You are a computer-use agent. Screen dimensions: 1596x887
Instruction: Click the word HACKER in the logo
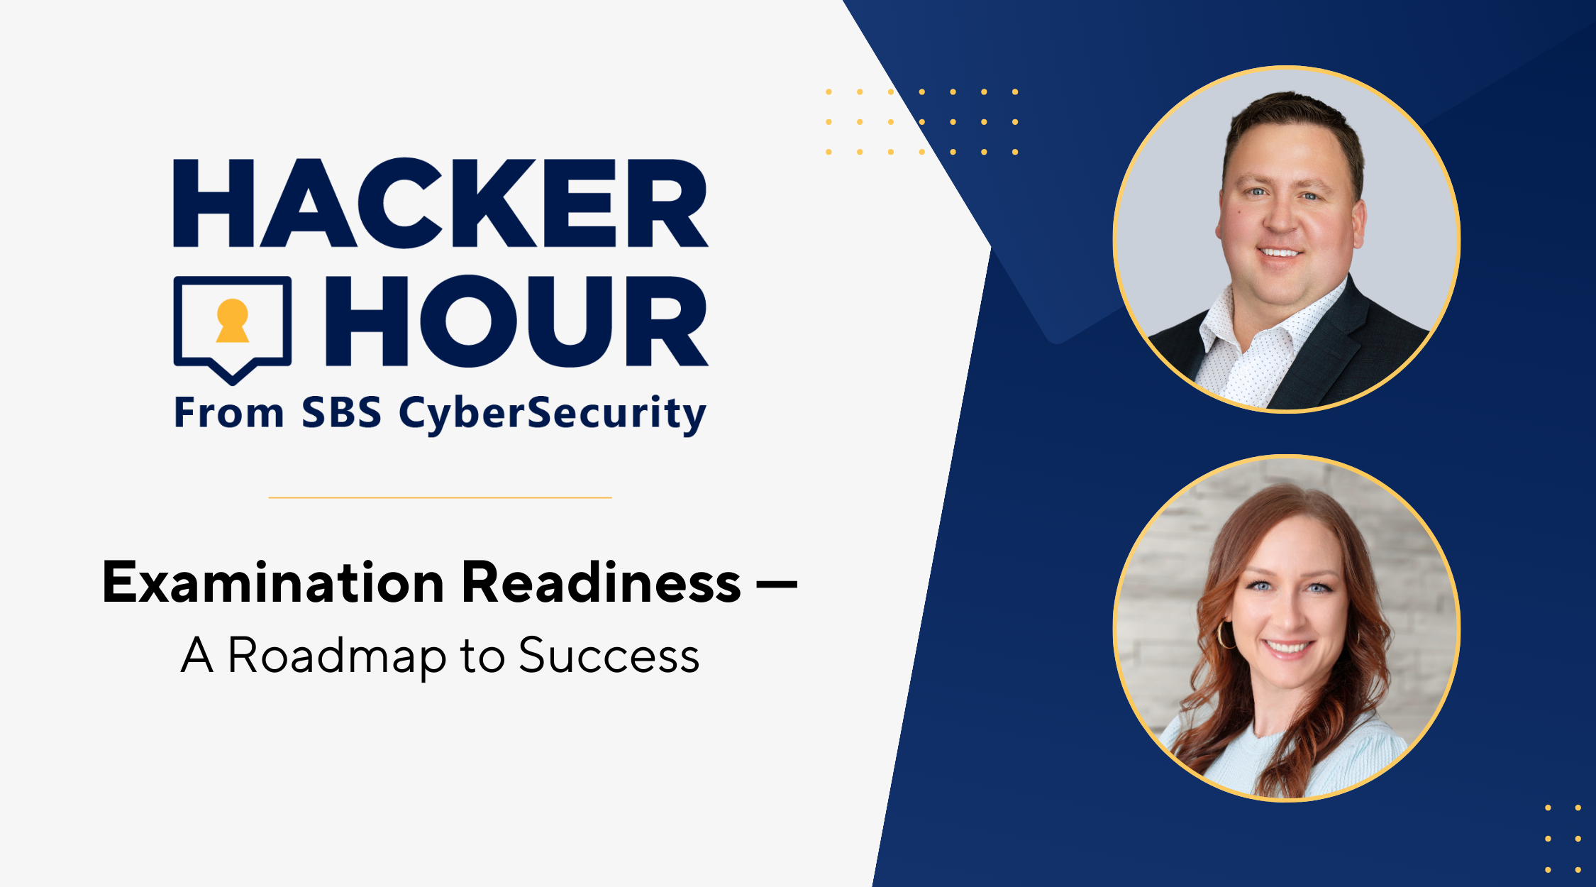coord(440,203)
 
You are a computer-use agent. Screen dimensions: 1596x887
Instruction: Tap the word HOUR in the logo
coord(516,321)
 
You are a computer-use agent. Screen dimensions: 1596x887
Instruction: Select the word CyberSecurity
coord(553,414)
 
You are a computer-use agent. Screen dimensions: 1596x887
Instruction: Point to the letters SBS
coord(341,412)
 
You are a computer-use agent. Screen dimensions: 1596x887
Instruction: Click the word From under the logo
coord(229,412)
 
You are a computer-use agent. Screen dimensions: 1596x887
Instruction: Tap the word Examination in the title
coord(273,583)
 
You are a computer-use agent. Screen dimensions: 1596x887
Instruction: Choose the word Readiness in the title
coord(602,583)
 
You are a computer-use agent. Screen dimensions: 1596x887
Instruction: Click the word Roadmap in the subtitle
coord(337,656)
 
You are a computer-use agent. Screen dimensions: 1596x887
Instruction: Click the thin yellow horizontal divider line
coord(440,497)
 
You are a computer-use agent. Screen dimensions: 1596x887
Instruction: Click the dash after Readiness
coord(777,585)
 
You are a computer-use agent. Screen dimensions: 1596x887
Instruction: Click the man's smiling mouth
coord(1280,252)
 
